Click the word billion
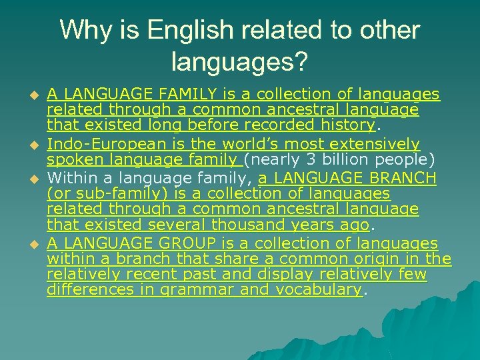(x=347, y=159)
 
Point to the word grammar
(x=193, y=289)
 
